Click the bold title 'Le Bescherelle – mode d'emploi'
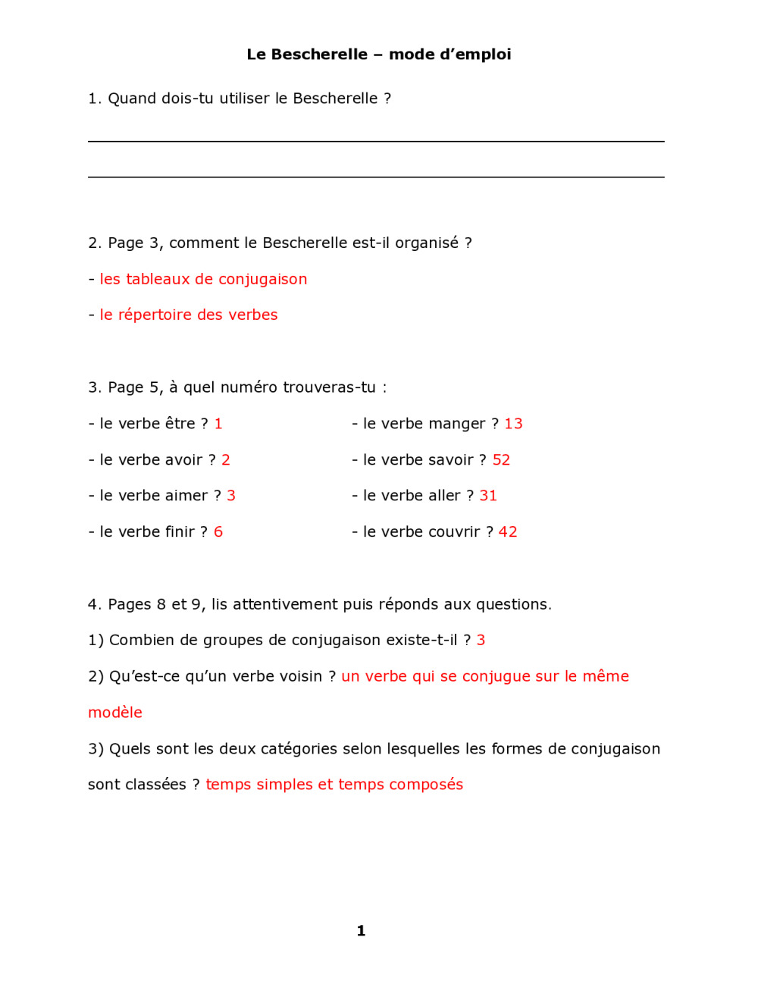pos(378,55)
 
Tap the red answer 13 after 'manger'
pos(513,424)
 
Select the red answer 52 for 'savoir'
pos(501,460)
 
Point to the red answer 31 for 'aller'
pos(488,496)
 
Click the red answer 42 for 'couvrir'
pos(508,532)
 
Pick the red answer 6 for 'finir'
pos(218,532)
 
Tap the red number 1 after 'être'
pos(218,424)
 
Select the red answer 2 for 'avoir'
pos(226,460)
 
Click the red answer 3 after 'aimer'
pos(231,496)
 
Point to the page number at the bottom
pos(361,931)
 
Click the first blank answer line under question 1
pos(376,142)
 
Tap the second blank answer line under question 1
pos(376,177)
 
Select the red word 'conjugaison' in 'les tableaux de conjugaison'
pos(262,280)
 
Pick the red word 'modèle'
pos(115,713)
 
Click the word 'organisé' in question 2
pos(427,243)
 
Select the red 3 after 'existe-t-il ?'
pos(481,641)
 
